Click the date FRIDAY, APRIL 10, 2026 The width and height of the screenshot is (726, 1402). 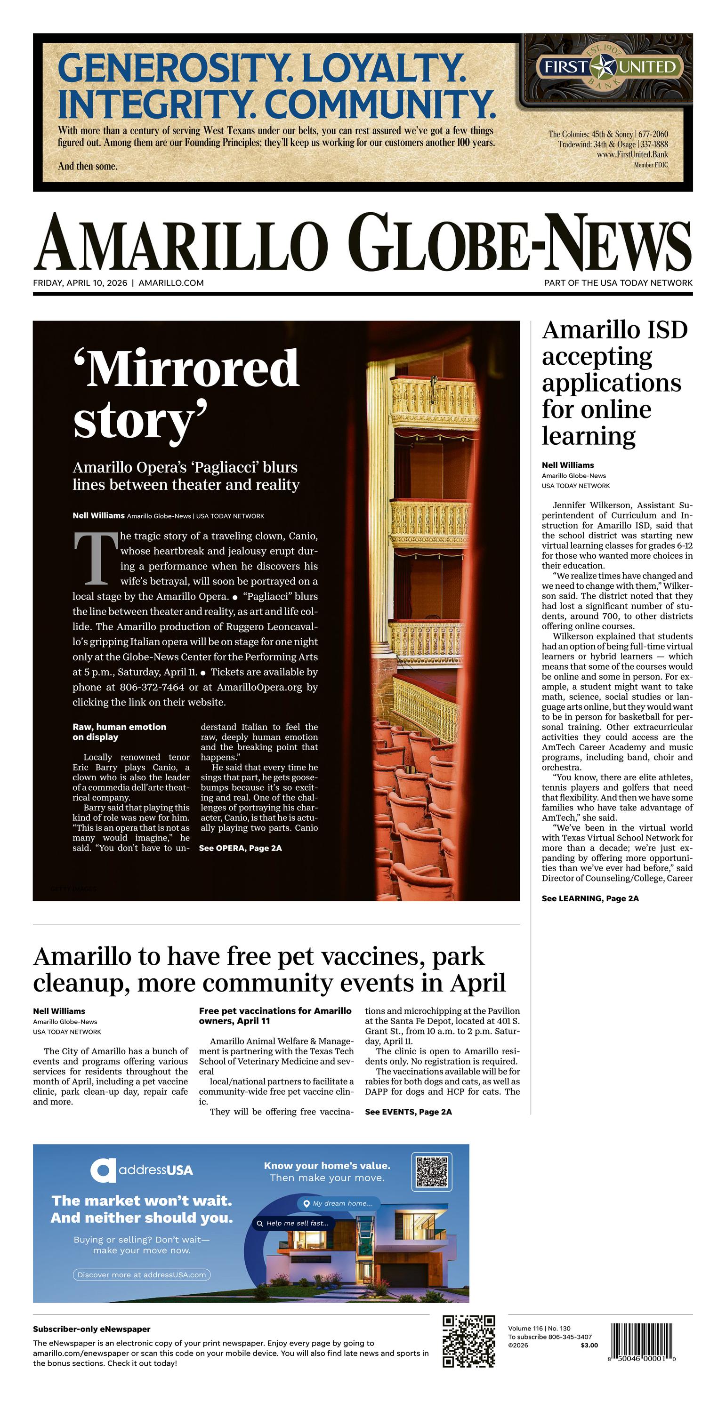point(80,283)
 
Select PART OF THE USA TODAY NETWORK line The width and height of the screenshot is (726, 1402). point(618,283)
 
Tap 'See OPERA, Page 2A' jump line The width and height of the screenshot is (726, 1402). point(240,848)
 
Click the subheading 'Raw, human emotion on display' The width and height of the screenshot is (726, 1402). point(119,731)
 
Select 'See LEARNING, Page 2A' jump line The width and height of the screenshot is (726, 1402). point(590,898)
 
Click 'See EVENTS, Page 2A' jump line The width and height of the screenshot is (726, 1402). point(408,1112)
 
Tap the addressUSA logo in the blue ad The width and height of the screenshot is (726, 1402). point(142,1170)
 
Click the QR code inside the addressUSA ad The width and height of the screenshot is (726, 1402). point(432,1171)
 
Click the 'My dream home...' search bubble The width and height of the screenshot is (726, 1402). point(338,1203)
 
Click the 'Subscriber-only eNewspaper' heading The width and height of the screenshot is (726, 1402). point(91,1329)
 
